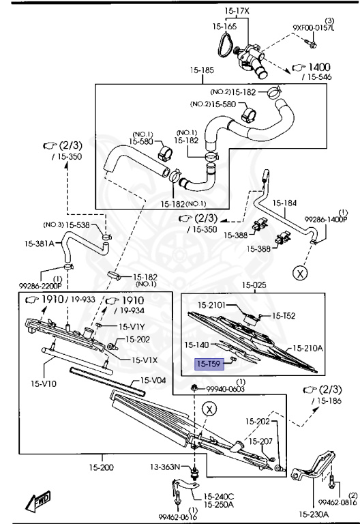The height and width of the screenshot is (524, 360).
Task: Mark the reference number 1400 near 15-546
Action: point(317,67)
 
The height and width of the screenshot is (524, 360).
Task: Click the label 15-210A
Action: point(308,348)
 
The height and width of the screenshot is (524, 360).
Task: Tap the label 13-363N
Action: point(164,467)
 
